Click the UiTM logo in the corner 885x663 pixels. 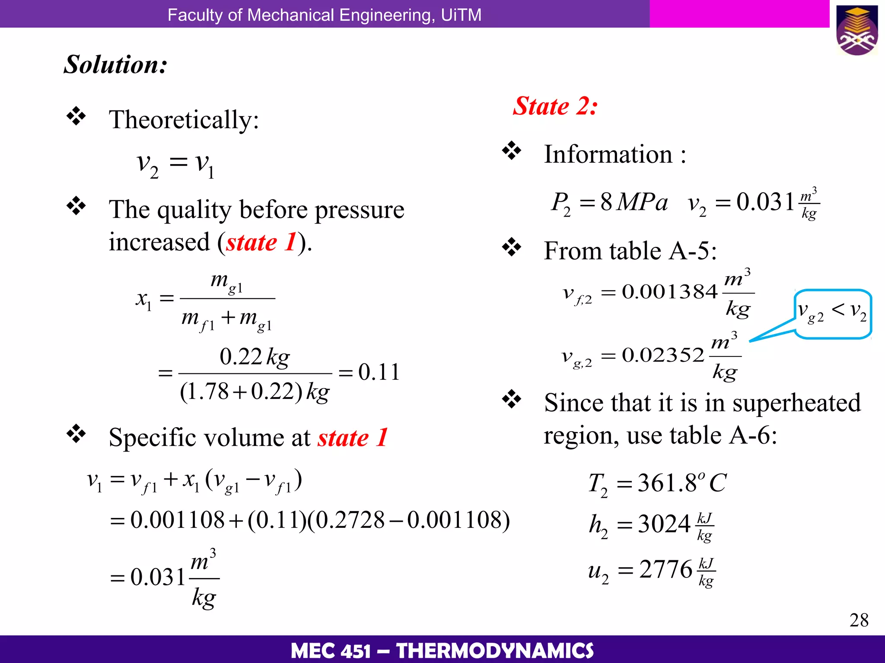pos(857,30)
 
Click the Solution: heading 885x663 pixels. pos(115,65)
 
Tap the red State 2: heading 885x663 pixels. pos(555,106)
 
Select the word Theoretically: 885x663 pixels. pos(184,120)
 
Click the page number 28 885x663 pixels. pos(859,620)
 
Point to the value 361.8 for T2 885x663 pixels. pos(667,483)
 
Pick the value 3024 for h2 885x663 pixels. pos(664,524)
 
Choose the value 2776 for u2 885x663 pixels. pos(665,569)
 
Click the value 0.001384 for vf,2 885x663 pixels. pos(669,292)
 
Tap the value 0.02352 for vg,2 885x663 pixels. pos(663,355)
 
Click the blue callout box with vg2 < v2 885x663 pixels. pos(832,313)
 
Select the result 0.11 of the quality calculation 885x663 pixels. pos(379,372)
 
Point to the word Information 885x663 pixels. pos(608,154)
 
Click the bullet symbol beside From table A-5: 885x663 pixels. pos(512,247)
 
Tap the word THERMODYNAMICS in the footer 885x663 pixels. pos(495,650)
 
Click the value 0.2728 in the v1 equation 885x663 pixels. pos(350,520)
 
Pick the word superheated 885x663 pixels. pos(796,403)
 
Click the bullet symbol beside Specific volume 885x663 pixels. pos(76,434)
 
